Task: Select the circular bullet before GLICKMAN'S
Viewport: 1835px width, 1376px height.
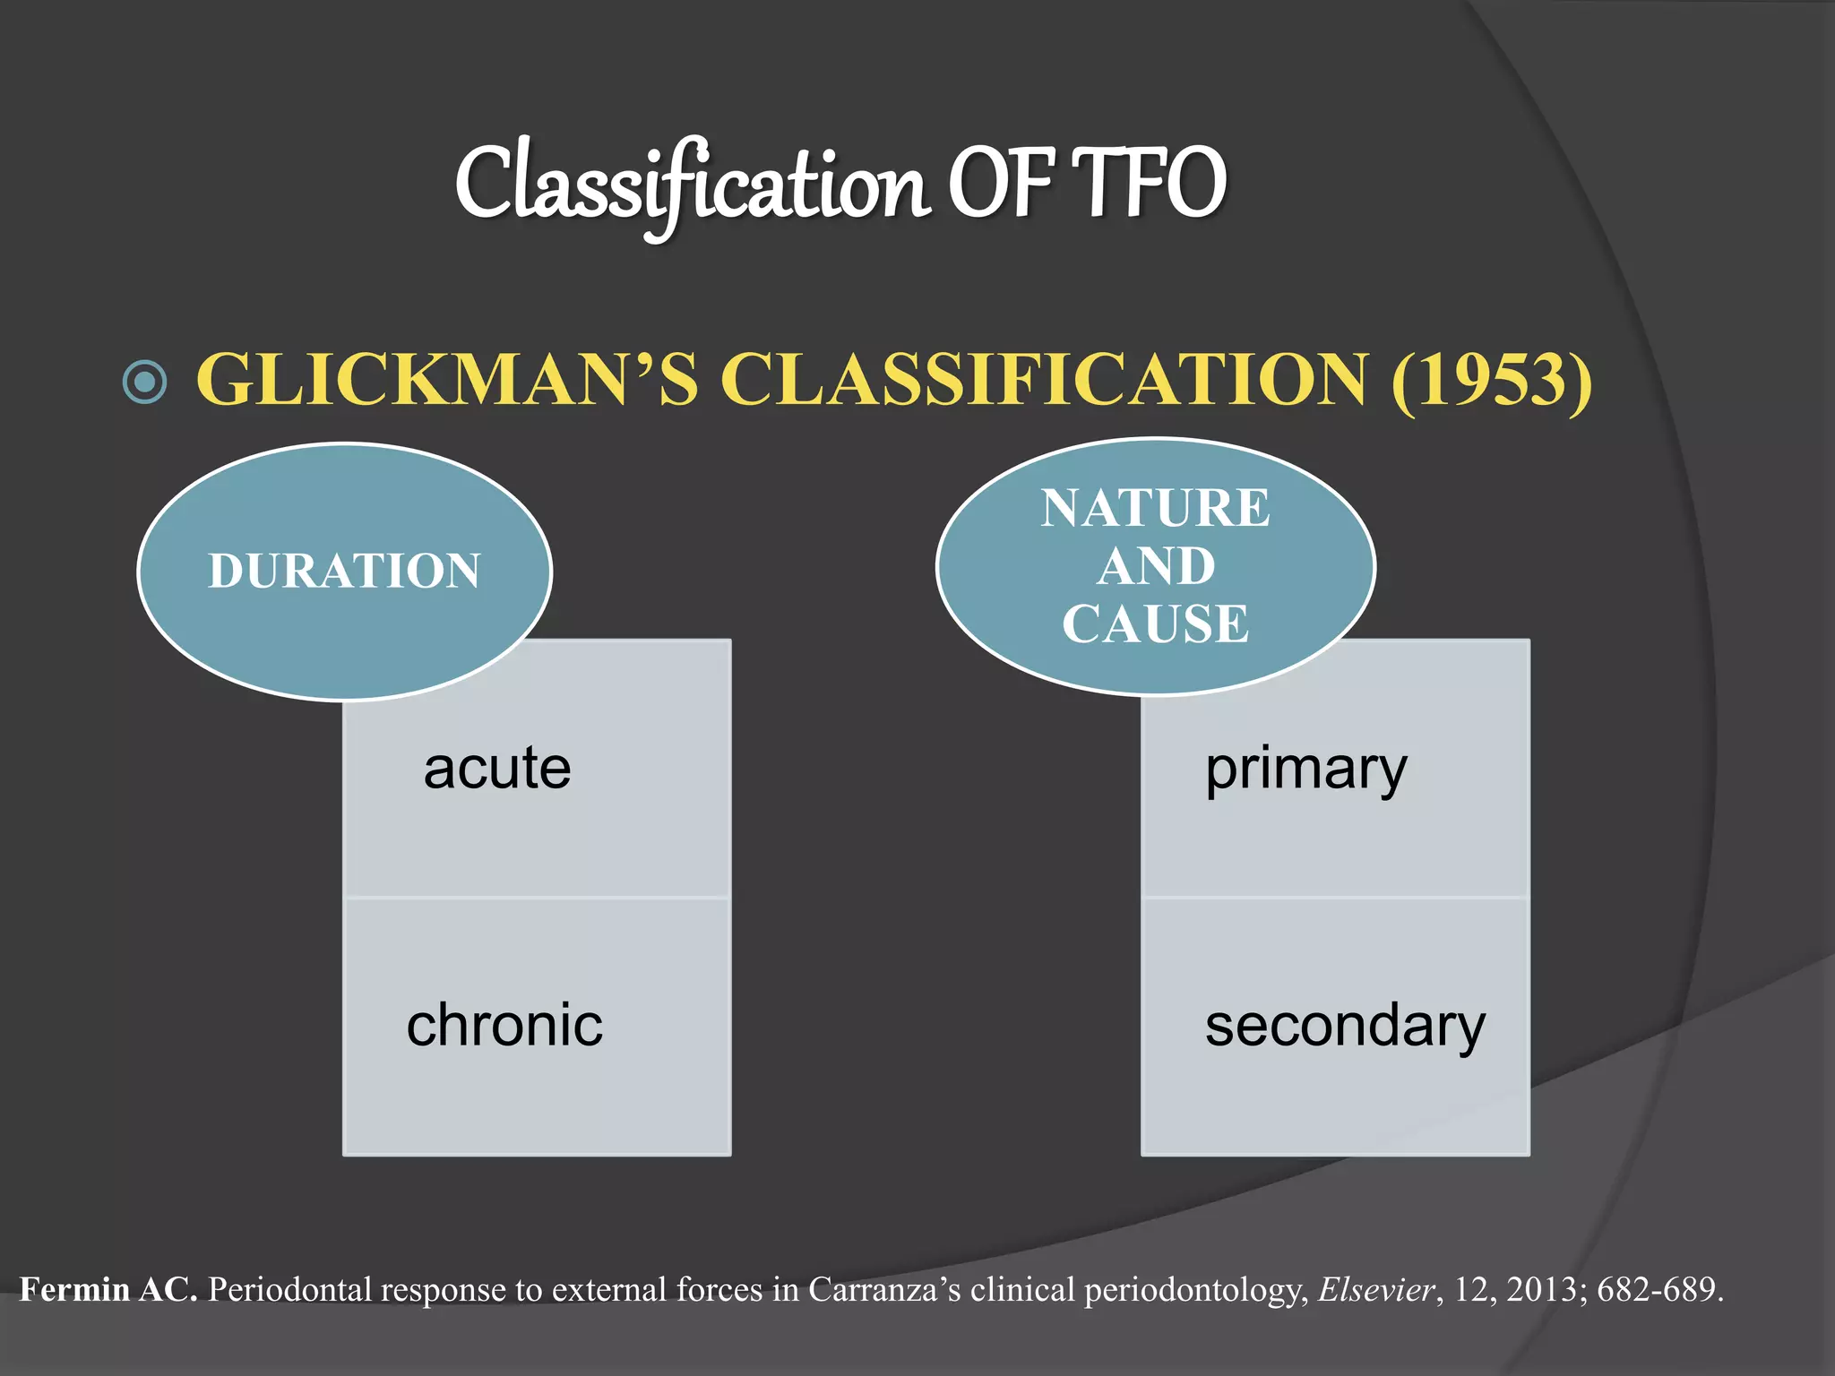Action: click(x=144, y=382)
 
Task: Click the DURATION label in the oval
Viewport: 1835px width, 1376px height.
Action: click(x=345, y=571)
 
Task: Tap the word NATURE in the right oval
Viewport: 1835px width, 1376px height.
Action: click(x=1155, y=508)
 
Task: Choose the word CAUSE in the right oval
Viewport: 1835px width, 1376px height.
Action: click(x=1155, y=623)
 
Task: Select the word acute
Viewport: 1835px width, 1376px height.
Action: click(x=497, y=769)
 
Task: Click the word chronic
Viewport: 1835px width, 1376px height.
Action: click(x=504, y=1025)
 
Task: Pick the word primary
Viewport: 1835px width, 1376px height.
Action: click(x=1305, y=770)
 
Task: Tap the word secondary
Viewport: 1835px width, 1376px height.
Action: click(x=1345, y=1027)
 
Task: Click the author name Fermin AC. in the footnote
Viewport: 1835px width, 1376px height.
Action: click(x=108, y=1290)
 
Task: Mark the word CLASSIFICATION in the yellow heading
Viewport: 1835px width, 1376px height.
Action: click(x=1045, y=380)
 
